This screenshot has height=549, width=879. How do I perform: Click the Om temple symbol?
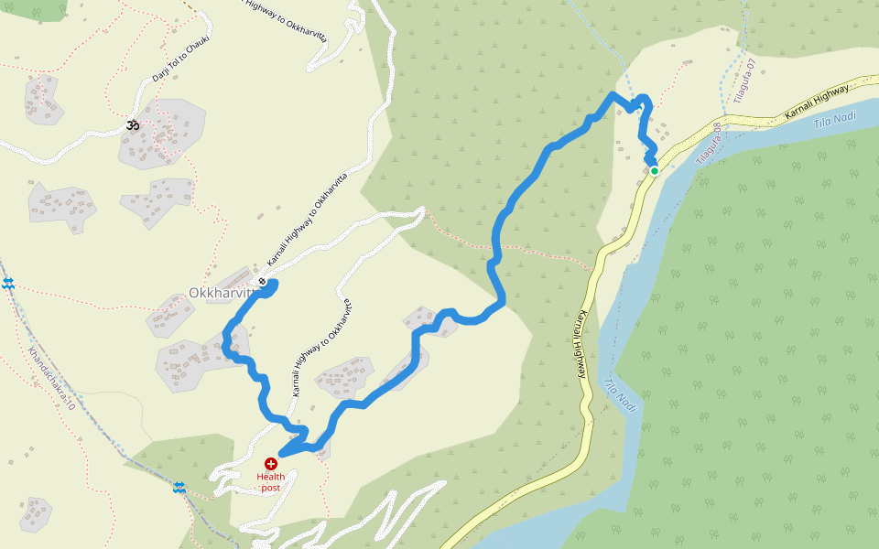click(132, 125)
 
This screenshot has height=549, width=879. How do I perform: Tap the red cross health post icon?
click(270, 464)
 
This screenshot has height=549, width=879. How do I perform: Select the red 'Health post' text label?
click(270, 481)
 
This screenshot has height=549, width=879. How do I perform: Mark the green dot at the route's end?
click(655, 170)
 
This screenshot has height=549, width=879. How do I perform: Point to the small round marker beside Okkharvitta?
click(263, 281)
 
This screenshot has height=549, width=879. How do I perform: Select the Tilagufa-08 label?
click(709, 144)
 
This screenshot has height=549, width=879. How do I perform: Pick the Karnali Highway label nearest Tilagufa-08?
click(817, 102)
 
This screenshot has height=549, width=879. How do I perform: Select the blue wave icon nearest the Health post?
click(179, 489)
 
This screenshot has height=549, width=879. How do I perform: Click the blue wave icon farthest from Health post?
click(8, 285)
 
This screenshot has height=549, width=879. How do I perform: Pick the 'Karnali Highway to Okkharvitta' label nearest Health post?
click(321, 348)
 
